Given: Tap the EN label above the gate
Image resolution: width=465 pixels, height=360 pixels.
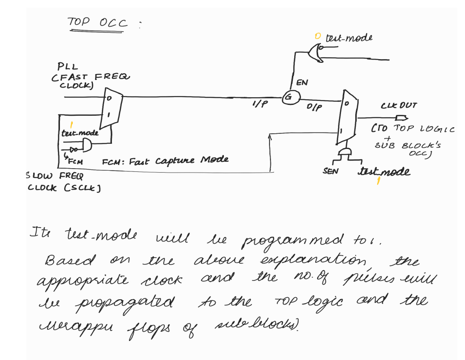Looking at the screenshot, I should point(302,83).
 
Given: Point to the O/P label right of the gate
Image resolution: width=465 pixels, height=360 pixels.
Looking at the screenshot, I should point(314,107).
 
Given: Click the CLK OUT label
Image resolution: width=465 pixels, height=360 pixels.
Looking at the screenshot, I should point(399,106).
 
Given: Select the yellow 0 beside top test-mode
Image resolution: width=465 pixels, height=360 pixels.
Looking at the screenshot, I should point(318,36).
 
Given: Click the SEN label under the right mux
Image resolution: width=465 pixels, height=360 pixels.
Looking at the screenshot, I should point(330,171).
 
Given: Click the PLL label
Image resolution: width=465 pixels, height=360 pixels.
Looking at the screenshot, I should point(67,67).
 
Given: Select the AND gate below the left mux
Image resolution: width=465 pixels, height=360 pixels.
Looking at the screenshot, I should point(86,145).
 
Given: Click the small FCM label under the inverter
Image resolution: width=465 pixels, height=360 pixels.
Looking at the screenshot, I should point(75,162).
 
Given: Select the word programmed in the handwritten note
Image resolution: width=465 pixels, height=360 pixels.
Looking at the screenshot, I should point(293,241).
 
